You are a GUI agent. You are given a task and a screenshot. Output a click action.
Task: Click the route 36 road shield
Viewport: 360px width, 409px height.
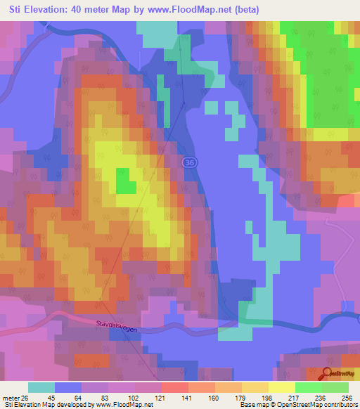(x=188, y=162)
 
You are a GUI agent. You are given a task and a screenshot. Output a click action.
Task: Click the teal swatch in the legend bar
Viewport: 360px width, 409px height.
(x=41, y=387)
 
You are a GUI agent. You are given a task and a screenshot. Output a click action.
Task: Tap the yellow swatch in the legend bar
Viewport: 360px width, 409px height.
(x=281, y=387)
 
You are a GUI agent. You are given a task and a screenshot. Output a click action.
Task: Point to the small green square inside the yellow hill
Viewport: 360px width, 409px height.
(x=126, y=183)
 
